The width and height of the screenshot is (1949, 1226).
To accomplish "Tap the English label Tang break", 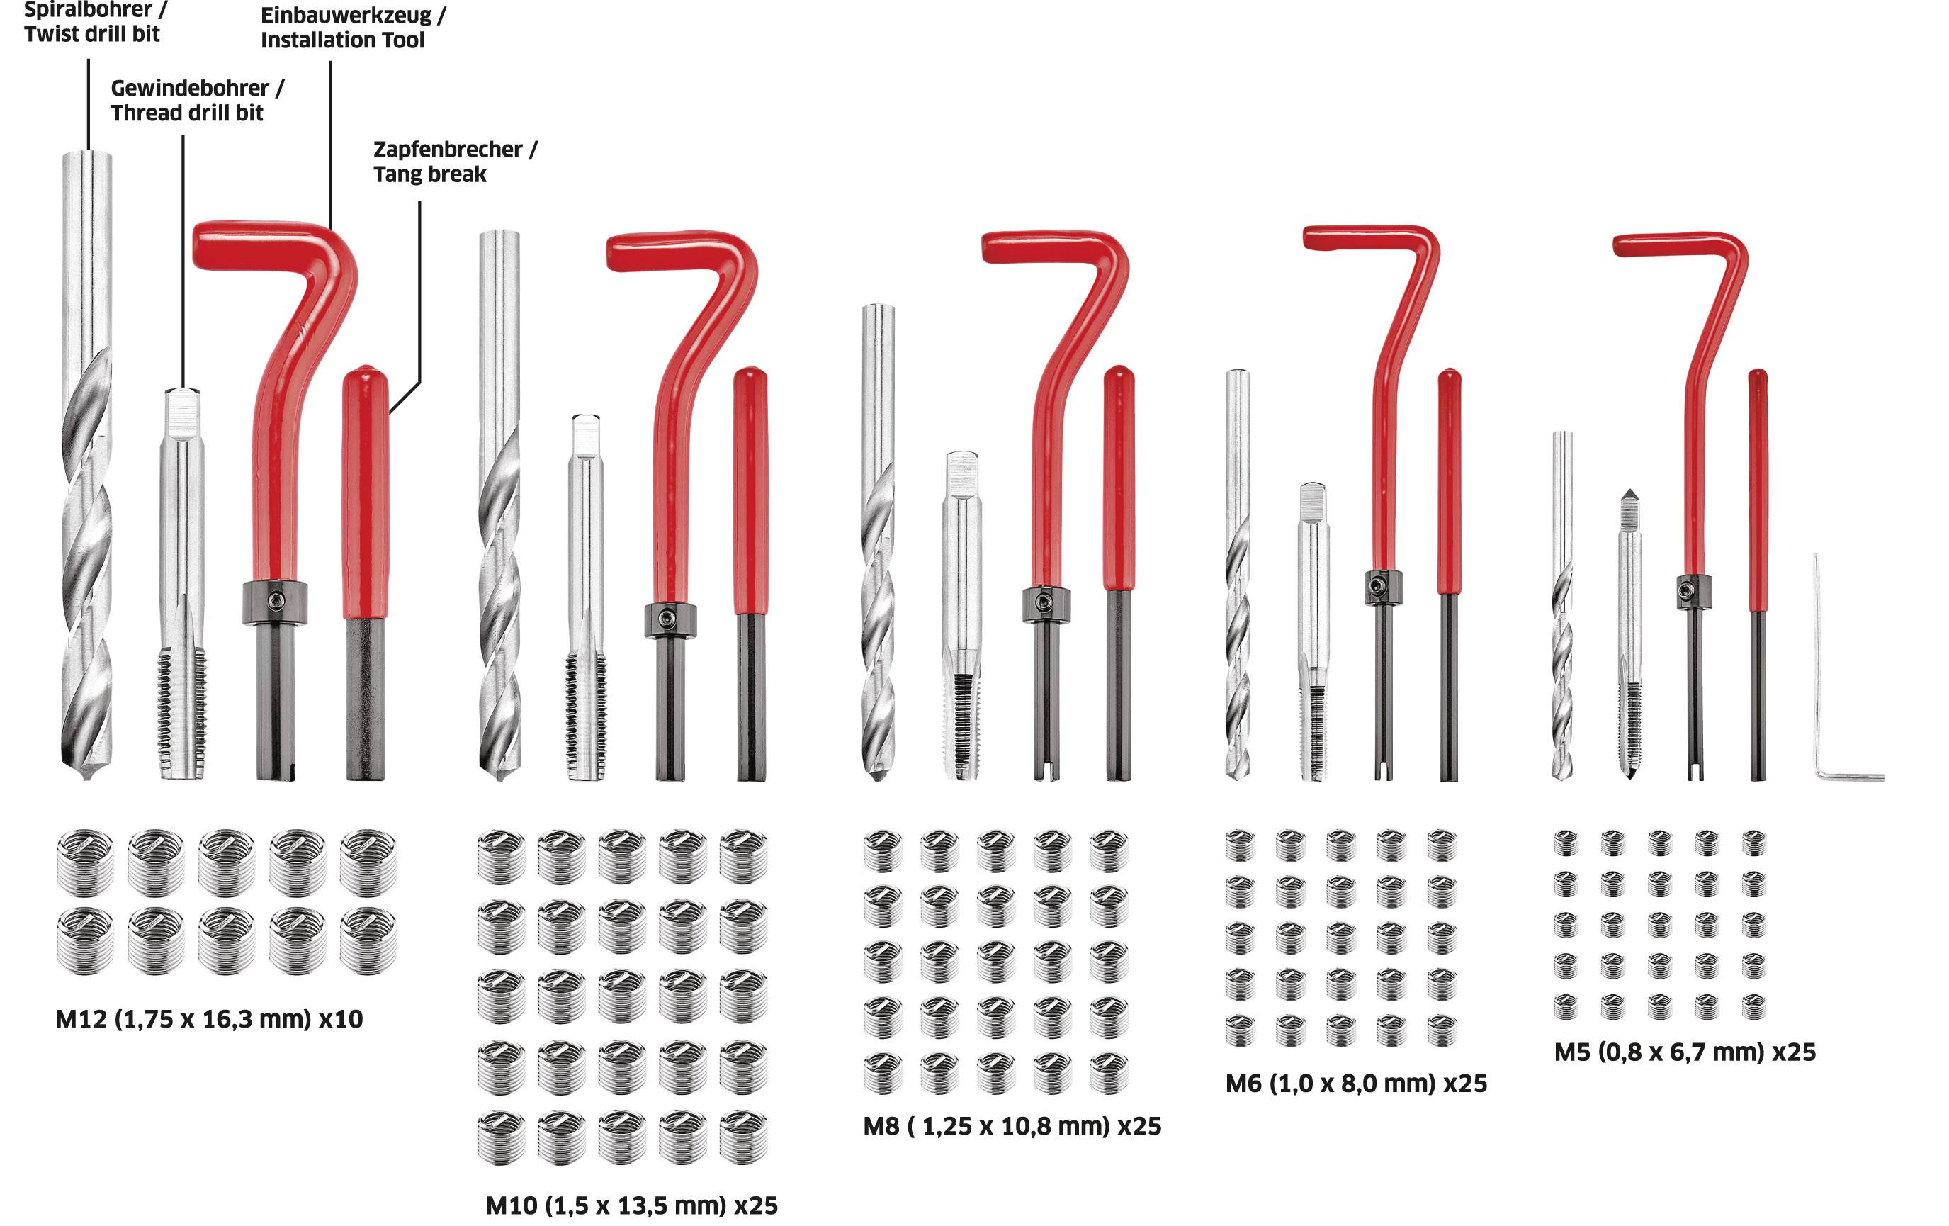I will tap(430, 175).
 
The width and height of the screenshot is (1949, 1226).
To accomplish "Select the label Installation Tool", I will tap(342, 40).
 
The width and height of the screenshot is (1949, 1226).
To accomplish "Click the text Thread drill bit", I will tap(187, 113).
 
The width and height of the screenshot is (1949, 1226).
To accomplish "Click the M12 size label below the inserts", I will tap(209, 1018).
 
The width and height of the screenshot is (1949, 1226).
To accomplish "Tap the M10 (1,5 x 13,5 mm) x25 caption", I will tap(631, 1205).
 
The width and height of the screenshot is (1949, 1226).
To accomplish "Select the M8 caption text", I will tap(1012, 1126).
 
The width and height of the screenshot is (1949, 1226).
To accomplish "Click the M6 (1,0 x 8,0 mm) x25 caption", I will tap(1356, 1084).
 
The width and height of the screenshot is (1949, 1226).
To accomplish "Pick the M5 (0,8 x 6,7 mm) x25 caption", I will tap(1684, 1052).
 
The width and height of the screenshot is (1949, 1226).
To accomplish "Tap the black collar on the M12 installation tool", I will tap(274, 602).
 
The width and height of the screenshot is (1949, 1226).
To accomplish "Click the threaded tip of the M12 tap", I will tap(181, 713).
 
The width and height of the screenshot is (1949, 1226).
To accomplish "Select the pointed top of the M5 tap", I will tap(1629, 496).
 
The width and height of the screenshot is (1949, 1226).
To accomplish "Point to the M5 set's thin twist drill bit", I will tap(1562, 607).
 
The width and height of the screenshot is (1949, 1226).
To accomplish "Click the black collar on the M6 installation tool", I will tap(1382, 587).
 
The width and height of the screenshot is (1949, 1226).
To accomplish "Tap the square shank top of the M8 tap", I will tap(962, 470).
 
